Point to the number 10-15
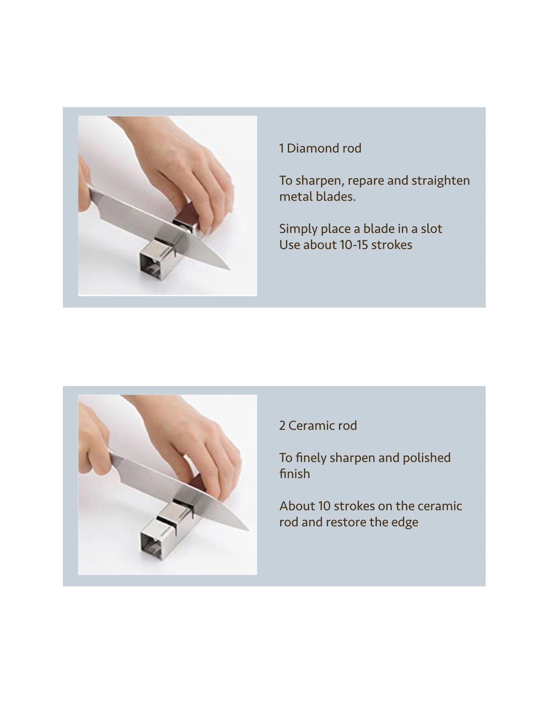353,245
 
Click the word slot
431,229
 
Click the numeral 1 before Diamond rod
282,148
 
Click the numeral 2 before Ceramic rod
282,426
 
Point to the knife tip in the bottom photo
248,530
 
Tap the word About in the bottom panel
297,506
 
